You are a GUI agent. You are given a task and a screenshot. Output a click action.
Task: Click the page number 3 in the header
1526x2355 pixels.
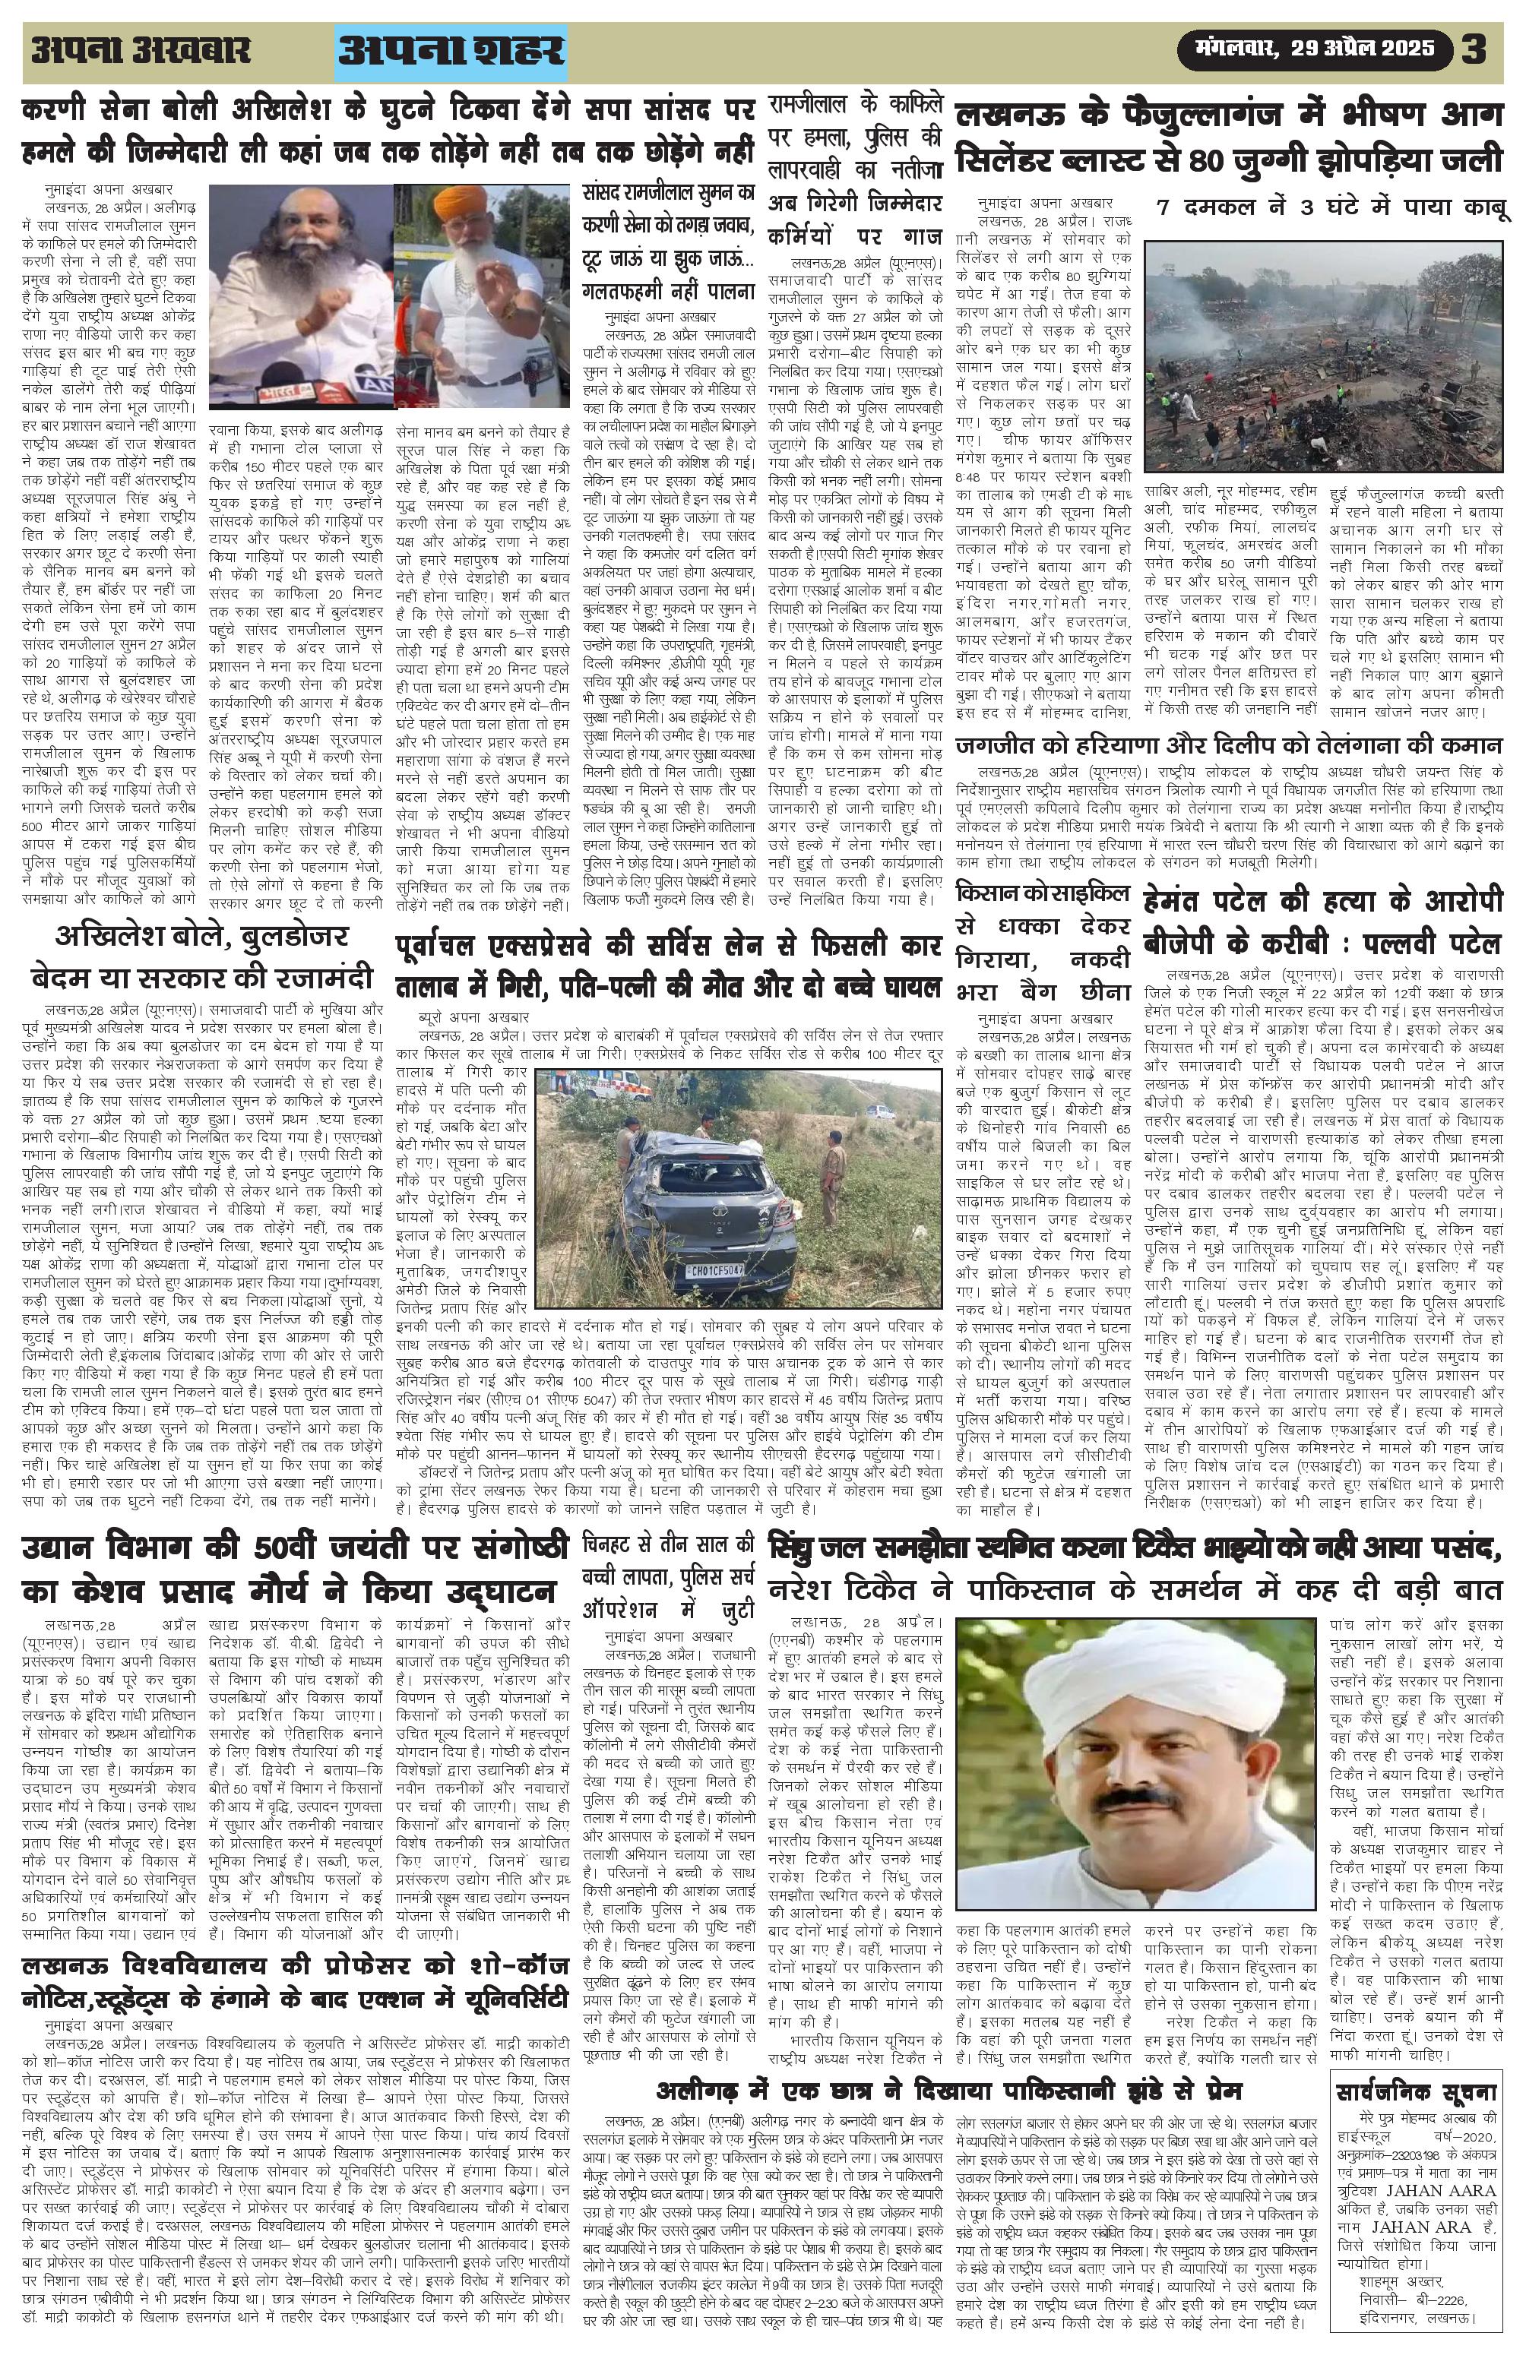click(1474, 50)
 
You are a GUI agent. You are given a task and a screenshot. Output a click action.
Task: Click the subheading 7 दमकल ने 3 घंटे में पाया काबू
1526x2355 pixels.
click(1332, 209)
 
